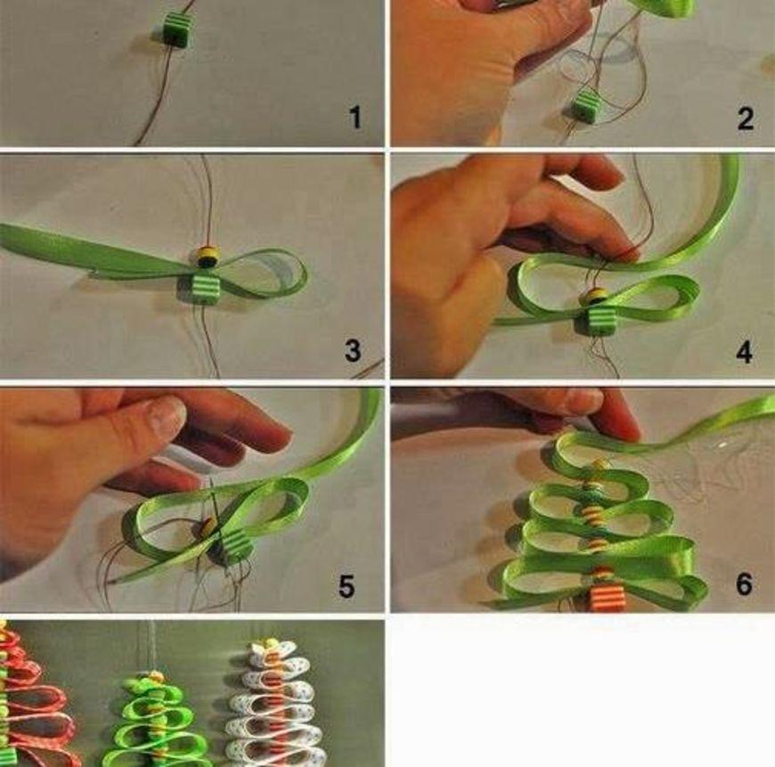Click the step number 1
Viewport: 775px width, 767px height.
click(x=355, y=118)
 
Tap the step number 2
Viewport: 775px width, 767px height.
click(x=746, y=119)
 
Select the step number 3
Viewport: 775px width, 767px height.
click(x=353, y=351)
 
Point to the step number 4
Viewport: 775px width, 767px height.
click(x=744, y=353)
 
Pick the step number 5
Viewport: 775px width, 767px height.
click(x=347, y=587)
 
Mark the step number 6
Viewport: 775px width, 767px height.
click(x=745, y=584)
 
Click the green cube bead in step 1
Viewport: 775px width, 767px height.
click(x=175, y=29)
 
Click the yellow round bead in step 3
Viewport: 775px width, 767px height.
click(x=206, y=256)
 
